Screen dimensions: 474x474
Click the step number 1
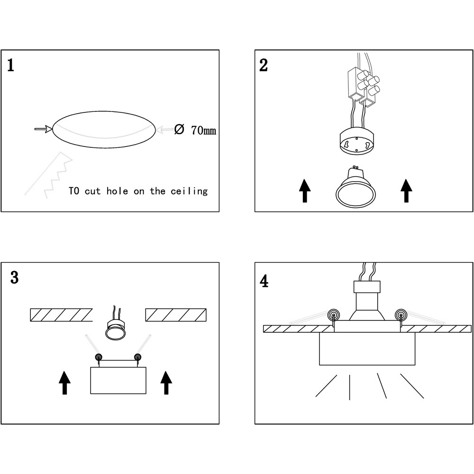click(10, 65)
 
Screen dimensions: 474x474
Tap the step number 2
click(264, 65)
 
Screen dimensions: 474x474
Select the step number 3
click(14, 278)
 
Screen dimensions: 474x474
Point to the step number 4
click(264, 281)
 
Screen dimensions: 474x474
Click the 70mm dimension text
click(203, 130)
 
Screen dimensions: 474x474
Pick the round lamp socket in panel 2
click(356, 142)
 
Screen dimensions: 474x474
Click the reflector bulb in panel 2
click(356, 189)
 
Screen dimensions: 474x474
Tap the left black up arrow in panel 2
click(305, 191)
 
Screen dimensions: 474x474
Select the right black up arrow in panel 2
click(406, 191)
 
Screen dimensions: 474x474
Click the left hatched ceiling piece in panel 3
click(61, 314)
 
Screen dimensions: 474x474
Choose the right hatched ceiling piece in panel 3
click(176, 314)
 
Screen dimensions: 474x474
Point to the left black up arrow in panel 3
click(64, 383)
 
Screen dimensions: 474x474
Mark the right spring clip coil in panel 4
click(401, 314)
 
